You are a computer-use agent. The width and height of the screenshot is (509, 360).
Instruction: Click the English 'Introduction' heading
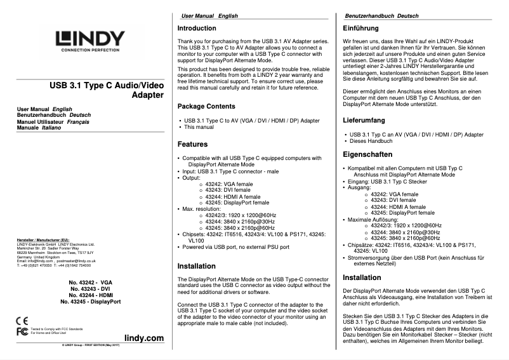197,29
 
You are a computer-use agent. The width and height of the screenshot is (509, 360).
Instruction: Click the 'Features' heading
193,144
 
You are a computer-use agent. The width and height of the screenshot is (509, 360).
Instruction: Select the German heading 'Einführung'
362,29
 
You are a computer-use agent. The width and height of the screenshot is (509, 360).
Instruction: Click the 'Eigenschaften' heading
367,154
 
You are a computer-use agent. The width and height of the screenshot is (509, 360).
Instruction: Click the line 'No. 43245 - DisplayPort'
91,302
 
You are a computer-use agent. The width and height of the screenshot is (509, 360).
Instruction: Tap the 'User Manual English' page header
209,15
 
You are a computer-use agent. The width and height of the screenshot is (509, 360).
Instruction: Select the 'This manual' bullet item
199,127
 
